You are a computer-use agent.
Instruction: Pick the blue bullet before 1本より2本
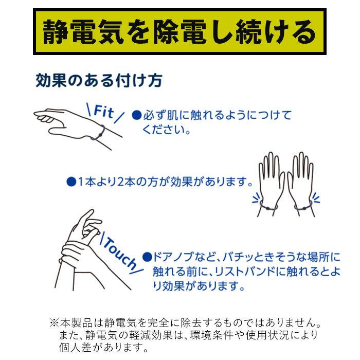(x=71, y=182)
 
